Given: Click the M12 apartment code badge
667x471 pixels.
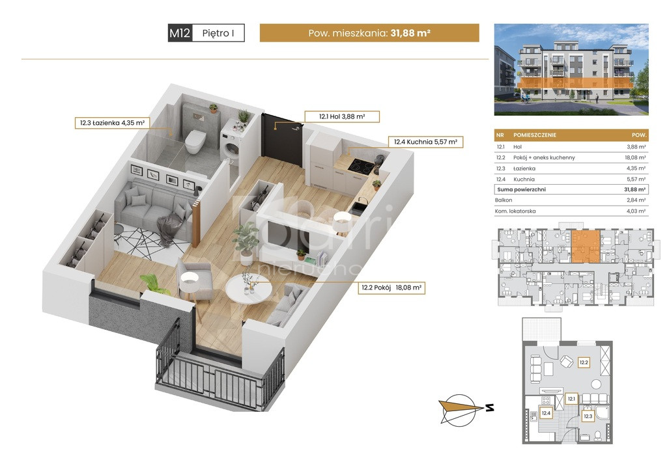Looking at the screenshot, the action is [x=180, y=33].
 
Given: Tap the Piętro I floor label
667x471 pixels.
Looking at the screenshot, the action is [x=218, y=33].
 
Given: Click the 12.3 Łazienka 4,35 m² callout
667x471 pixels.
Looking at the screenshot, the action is [x=112, y=123].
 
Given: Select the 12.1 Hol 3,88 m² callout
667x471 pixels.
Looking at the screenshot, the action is [x=342, y=116].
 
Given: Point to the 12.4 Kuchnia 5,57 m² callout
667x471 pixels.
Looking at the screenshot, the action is [x=425, y=142].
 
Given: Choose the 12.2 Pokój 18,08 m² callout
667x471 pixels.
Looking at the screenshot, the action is [x=391, y=288].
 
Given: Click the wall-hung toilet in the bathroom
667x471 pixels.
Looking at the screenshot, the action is [x=195, y=141].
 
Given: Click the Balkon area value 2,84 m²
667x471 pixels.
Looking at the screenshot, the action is [x=636, y=200].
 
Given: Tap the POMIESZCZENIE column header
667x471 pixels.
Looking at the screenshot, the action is [x=535, y=135].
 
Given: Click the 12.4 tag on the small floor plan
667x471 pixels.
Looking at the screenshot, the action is [x=546, y=413].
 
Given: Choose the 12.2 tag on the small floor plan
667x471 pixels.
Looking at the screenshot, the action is [x=583, y=363].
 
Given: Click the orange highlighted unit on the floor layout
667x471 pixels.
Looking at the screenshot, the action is [x=586, y=246].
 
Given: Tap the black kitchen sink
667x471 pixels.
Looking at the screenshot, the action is [x=360, y=205].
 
